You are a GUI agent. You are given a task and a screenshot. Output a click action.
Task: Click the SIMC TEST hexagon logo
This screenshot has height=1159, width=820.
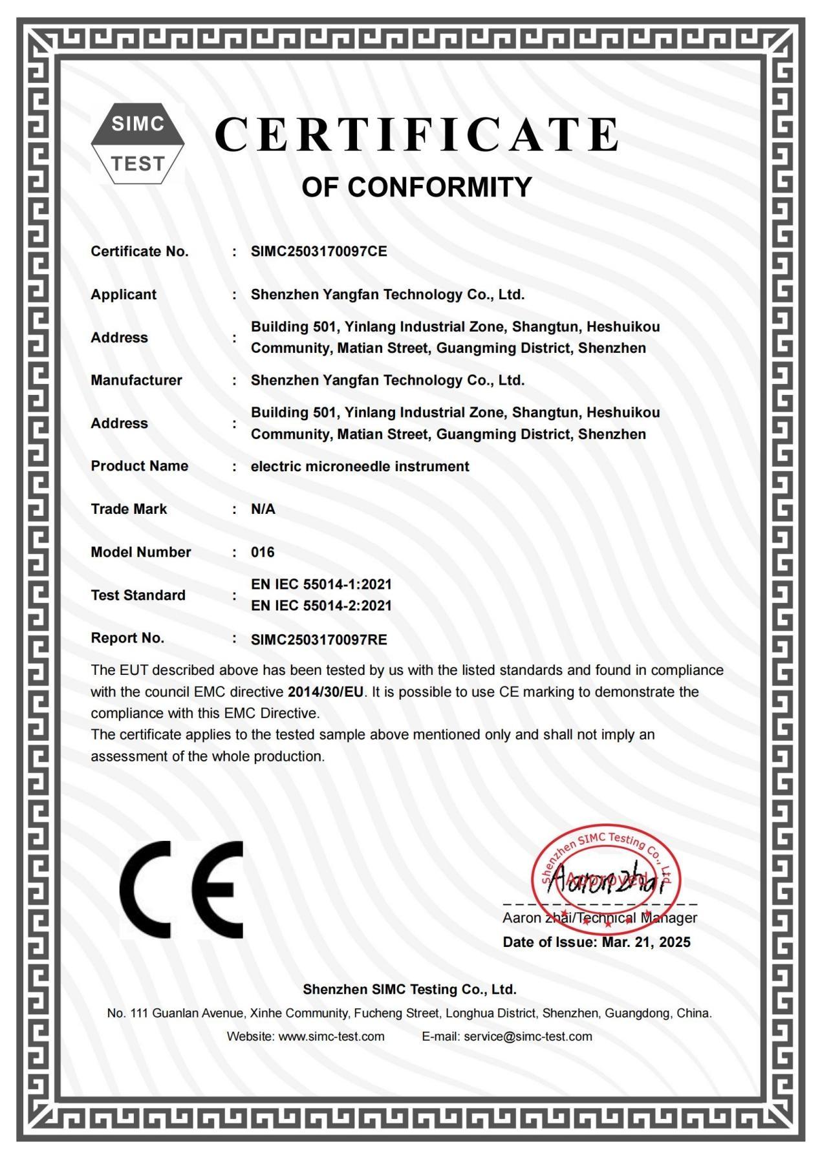137,144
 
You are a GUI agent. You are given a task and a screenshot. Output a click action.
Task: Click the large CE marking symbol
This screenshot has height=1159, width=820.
182,889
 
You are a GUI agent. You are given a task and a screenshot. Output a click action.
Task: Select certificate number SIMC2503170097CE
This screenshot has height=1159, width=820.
319,251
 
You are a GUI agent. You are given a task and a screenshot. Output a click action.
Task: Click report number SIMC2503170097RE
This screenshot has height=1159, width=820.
319,640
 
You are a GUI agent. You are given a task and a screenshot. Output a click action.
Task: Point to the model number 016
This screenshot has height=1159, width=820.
263,552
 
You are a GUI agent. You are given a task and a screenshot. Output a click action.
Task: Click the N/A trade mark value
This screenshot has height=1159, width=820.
263,509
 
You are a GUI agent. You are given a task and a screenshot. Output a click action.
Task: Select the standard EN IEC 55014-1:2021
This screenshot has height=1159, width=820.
321,584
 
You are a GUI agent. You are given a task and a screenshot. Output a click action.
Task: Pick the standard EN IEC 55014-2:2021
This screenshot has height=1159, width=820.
321,606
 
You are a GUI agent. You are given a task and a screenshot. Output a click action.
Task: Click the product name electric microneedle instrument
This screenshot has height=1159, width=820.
360,466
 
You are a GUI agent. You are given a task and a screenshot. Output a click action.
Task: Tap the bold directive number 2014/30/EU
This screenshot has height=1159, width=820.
325,692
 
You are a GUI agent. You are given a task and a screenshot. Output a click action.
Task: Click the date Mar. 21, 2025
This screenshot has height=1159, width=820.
645,942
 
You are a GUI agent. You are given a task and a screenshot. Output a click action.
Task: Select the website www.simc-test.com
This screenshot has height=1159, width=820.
331,1036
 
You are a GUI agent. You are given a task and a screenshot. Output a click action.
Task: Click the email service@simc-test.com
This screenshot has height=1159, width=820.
528,1036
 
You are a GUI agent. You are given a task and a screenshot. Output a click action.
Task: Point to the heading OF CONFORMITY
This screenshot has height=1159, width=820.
416,187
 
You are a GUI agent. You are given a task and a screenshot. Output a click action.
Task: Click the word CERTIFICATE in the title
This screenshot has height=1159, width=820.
417,135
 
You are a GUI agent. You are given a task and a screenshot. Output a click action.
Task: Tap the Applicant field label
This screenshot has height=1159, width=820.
124,294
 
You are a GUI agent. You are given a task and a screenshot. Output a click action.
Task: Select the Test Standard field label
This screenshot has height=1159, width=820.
138,595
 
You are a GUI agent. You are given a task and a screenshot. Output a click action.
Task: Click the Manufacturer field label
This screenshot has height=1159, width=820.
136,380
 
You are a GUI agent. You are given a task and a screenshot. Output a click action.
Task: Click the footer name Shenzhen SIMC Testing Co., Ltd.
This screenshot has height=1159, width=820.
409,989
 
